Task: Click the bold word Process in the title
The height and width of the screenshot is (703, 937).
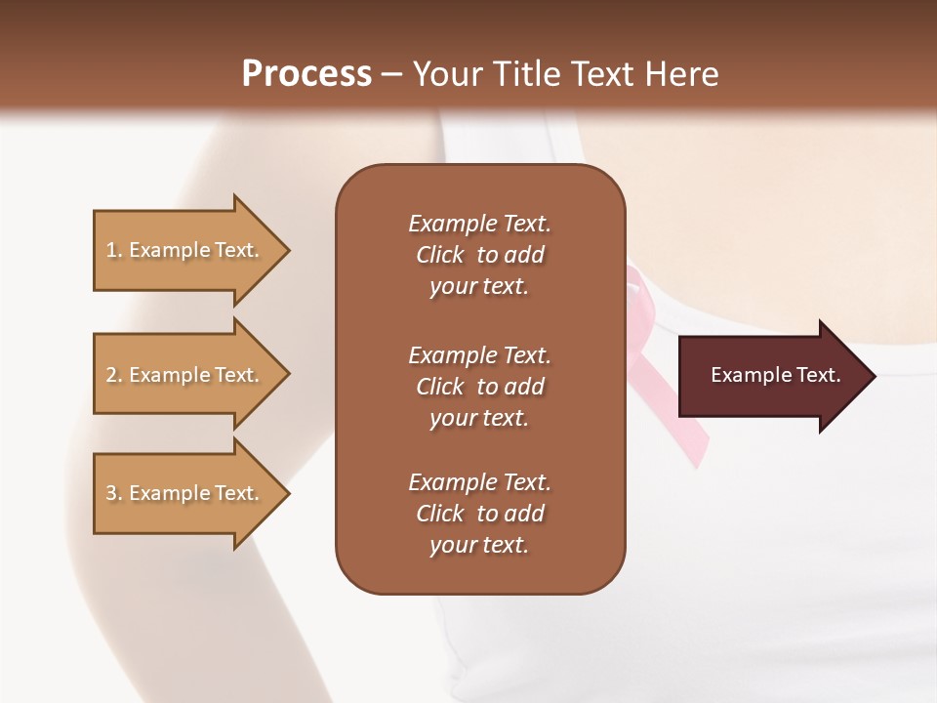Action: point(306,73)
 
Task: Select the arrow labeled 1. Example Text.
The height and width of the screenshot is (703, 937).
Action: point(185,250)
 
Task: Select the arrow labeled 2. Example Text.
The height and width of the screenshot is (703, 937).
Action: point(185,375)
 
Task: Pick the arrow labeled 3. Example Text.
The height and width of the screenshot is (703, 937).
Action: point(185,493)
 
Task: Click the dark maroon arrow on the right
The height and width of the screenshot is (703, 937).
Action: point(771,375)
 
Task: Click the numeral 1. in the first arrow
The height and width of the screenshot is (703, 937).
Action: point(114,250)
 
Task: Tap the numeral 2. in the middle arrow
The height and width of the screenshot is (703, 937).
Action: point(114,375)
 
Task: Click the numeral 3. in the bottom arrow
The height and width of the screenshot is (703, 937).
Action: point(114,493)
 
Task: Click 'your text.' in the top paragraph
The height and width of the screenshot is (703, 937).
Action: point(479,287)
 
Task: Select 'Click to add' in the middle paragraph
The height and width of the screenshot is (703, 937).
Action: point(479,387)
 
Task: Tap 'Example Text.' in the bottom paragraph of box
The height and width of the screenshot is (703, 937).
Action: point(479,482)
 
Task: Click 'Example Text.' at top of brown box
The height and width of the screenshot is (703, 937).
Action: point(479,224)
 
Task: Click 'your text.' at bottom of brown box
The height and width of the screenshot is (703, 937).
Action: point(479,546)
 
